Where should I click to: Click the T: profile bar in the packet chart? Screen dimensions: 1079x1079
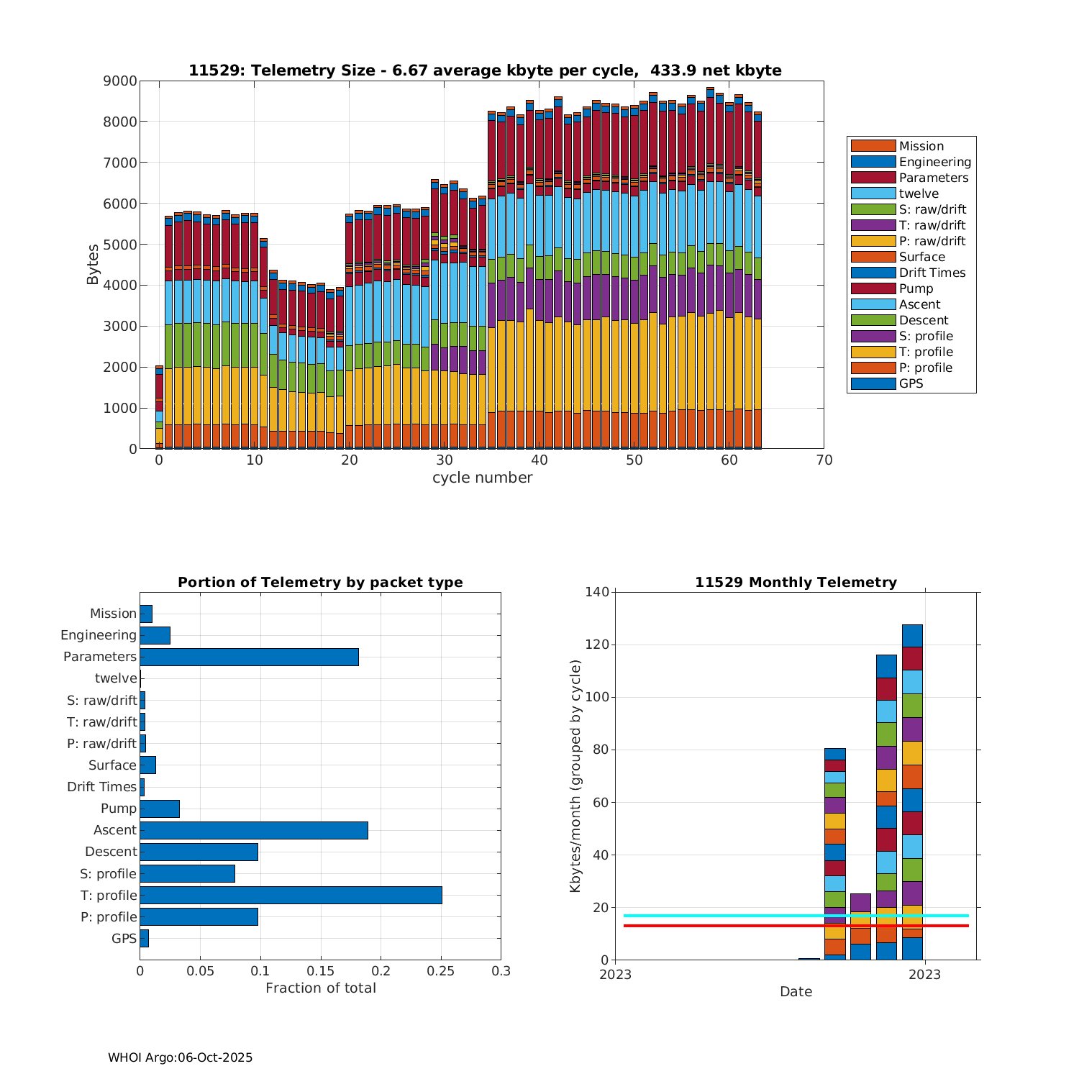click(x=291, y=895)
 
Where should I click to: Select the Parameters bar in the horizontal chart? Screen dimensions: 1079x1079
click(x=249, y=657)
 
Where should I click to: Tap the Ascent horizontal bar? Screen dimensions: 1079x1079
click(x=254, y=830)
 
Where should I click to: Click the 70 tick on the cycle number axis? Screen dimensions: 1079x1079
click(x=824, y=460)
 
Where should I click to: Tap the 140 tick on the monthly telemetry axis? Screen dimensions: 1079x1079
click(x=599, y=592)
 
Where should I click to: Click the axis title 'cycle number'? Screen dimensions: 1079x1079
click(x=482, y=478)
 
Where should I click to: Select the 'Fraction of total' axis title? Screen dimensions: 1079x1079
click(x=320, y=988)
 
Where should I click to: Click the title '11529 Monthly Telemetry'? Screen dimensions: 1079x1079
click(x=796, y=583)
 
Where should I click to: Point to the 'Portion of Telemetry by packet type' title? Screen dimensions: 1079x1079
click(x=320, y=583)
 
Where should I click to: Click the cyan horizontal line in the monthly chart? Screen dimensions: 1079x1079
click(x=719, y=916)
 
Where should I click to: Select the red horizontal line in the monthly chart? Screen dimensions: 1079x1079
click(x=719, y=926)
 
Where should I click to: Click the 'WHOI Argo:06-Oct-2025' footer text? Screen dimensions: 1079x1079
click(x=180, y=1057)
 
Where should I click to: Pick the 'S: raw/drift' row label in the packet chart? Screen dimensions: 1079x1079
click(x=101, y=700)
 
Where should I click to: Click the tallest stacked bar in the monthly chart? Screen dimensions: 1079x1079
click(x=912, y=791)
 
